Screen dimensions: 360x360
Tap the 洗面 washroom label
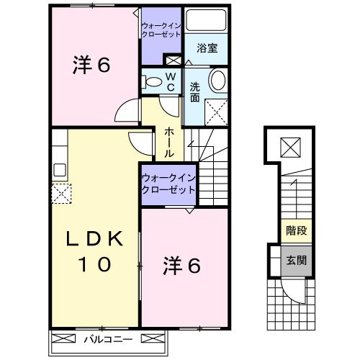click(x=195, y=92)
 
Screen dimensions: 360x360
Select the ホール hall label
click(x=168, y=142)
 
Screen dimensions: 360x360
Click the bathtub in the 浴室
click(x=208, y=21)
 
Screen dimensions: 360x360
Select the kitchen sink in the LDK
click(x=60, y=171)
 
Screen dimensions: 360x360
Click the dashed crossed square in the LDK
click(x=60, y=192)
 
